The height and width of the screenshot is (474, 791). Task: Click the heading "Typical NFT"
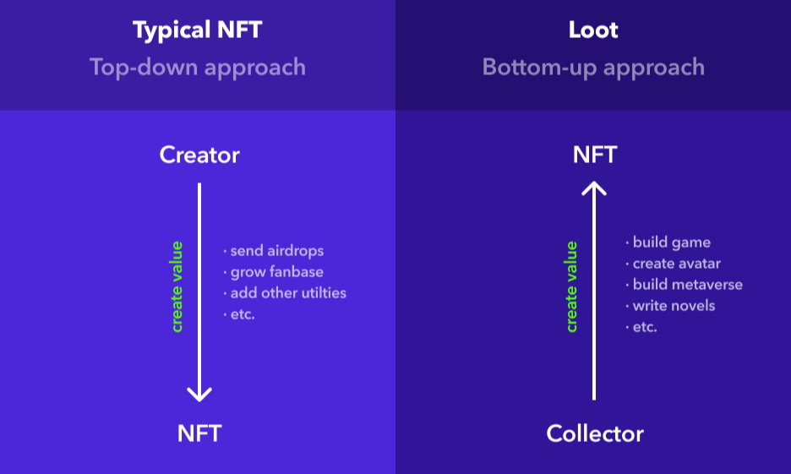[197, 30]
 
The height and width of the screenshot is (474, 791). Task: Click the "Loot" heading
[593, 30]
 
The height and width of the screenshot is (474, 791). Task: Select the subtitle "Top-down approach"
[198, 68]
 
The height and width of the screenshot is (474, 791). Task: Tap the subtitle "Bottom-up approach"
[593, 68]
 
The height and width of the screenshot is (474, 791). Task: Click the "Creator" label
[199, 155]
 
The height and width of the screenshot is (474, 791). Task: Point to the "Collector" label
[595, 433]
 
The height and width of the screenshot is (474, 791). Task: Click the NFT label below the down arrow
[199, 433]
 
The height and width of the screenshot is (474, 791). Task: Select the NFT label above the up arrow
[595, 155]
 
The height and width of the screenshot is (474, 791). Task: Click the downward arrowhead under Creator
[199, 395]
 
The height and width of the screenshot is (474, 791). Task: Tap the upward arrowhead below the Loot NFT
[594, 188]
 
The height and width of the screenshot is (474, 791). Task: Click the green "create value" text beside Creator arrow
[177, 286]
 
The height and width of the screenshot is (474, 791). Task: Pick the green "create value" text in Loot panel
[571, 286]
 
